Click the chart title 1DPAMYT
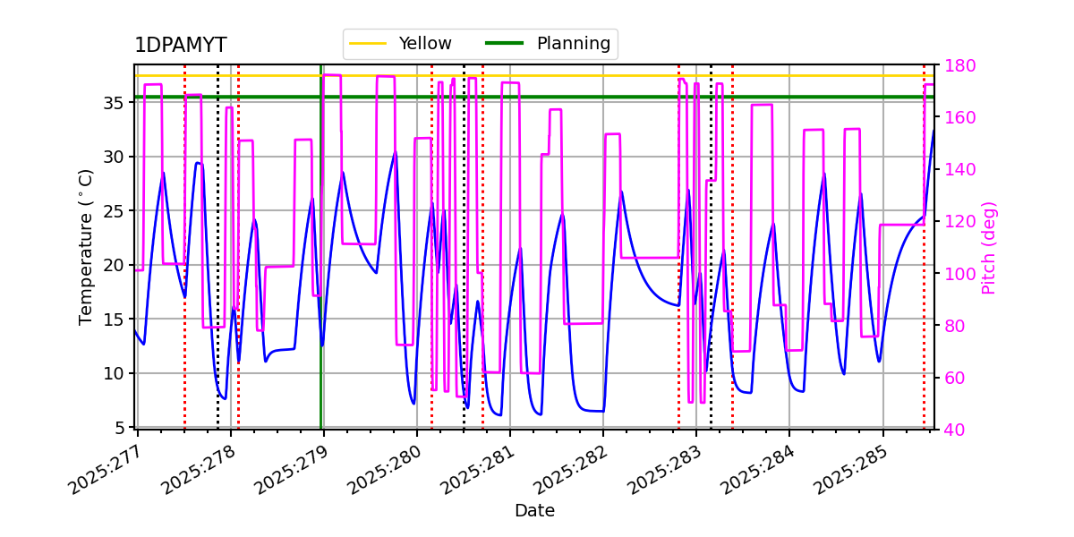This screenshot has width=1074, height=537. pos(180,46)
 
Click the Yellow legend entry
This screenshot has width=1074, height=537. pos(425,43)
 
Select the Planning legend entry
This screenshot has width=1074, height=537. pos(573,43)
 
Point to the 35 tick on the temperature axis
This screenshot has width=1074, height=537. pos(114,103)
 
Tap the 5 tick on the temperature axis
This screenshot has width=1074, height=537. pos(119,428)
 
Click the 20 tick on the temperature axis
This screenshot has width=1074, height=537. pos(114,265)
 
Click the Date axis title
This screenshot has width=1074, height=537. pos(534,511)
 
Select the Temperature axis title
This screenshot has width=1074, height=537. pos(86,246)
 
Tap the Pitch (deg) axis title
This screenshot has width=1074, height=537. pos(989,247)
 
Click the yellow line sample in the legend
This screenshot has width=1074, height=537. pos(368,43)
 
